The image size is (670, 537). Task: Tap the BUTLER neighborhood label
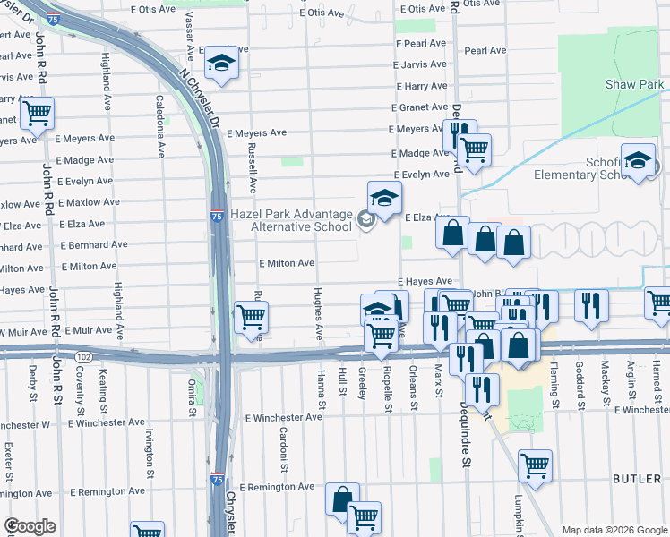pyautogui.click(x=637, y=480)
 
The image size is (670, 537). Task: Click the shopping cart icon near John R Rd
pyautogui.click(x=37, y=114)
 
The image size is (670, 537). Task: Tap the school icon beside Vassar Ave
pyautogui.click(x=220, y=64)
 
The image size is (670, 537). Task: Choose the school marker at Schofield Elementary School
pyautogui.click(x=637, y=161)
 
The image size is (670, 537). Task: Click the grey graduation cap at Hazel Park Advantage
pyautogui.click(x=365, y=218)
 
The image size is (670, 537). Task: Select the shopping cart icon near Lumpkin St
pyautogui.click(x=534, y=465)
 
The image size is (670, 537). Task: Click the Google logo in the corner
pyautogui.click(x=30, y=526)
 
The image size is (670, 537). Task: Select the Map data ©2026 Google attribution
pyautogui.click(x=614, y=530)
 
